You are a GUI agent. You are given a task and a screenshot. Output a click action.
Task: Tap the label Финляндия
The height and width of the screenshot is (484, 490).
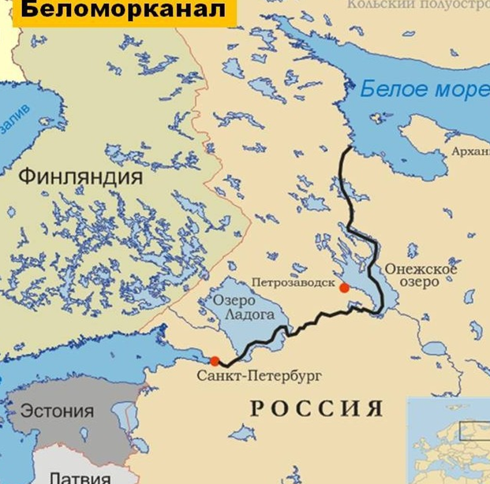[x=80, y=176]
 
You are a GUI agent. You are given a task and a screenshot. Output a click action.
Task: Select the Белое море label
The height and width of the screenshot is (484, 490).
[x=425, y=89]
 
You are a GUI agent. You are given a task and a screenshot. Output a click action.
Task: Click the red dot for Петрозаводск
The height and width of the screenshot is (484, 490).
[x=344, y=288]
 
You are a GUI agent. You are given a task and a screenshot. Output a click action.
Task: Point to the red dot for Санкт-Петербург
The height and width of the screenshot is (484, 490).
[x=215, y=361]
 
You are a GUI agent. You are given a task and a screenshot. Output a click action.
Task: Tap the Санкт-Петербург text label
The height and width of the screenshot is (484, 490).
[x=260, y=376]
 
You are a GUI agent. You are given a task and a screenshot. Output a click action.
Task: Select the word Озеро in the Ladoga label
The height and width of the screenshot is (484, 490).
[x=235, y=300]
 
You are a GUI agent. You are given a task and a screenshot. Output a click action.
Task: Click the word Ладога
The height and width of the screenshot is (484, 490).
[x=249, y=315]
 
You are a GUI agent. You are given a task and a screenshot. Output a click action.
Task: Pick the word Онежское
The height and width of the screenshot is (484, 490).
[x=421, y=270]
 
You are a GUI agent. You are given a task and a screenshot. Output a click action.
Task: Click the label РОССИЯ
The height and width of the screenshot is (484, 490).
[x=316, y=408]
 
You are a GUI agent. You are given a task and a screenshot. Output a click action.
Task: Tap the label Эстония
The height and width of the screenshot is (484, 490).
[x=57, y=411]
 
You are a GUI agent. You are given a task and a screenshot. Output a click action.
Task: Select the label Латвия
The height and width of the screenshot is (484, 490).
[x=80, y=476]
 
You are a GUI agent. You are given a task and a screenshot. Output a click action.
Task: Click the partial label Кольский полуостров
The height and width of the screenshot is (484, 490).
[x=418, y=5]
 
